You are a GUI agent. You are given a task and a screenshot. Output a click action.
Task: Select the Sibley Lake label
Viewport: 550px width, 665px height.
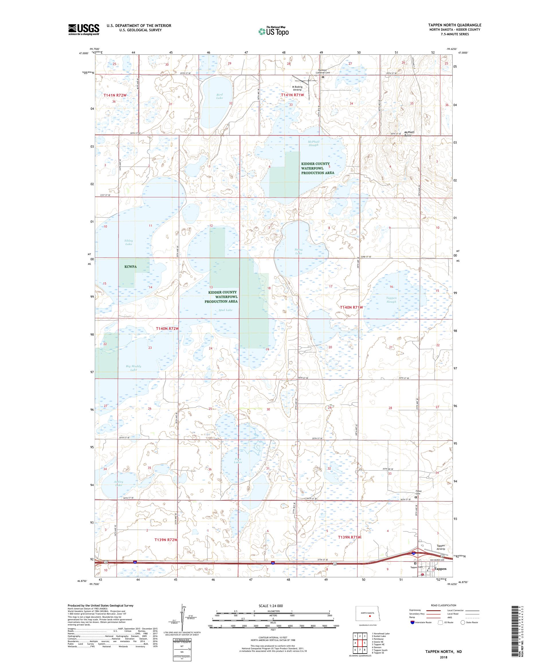(x=129, y=242)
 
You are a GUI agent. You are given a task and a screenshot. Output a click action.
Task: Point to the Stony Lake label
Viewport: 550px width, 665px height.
(x=298, y=251)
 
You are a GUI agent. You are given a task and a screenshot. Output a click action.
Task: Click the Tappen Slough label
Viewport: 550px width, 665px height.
(x=391, y=300)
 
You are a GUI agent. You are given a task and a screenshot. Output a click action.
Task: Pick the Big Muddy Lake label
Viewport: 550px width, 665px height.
(x=133, y=368)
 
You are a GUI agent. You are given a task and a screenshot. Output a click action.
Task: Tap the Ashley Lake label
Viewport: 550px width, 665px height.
(x=118, y=483)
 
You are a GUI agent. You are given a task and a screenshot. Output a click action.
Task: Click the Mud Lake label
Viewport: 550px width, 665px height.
(x=225, y=310)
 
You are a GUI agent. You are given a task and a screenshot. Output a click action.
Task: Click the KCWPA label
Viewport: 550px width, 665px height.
(x=130, y=267)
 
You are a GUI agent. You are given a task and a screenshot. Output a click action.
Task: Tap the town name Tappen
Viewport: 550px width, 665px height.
(x=440, y=569)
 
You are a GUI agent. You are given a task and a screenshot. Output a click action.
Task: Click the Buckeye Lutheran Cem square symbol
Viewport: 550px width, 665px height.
(x=323, y=77)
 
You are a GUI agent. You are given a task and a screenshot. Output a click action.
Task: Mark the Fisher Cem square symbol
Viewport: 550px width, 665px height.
(x=415, y=498)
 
